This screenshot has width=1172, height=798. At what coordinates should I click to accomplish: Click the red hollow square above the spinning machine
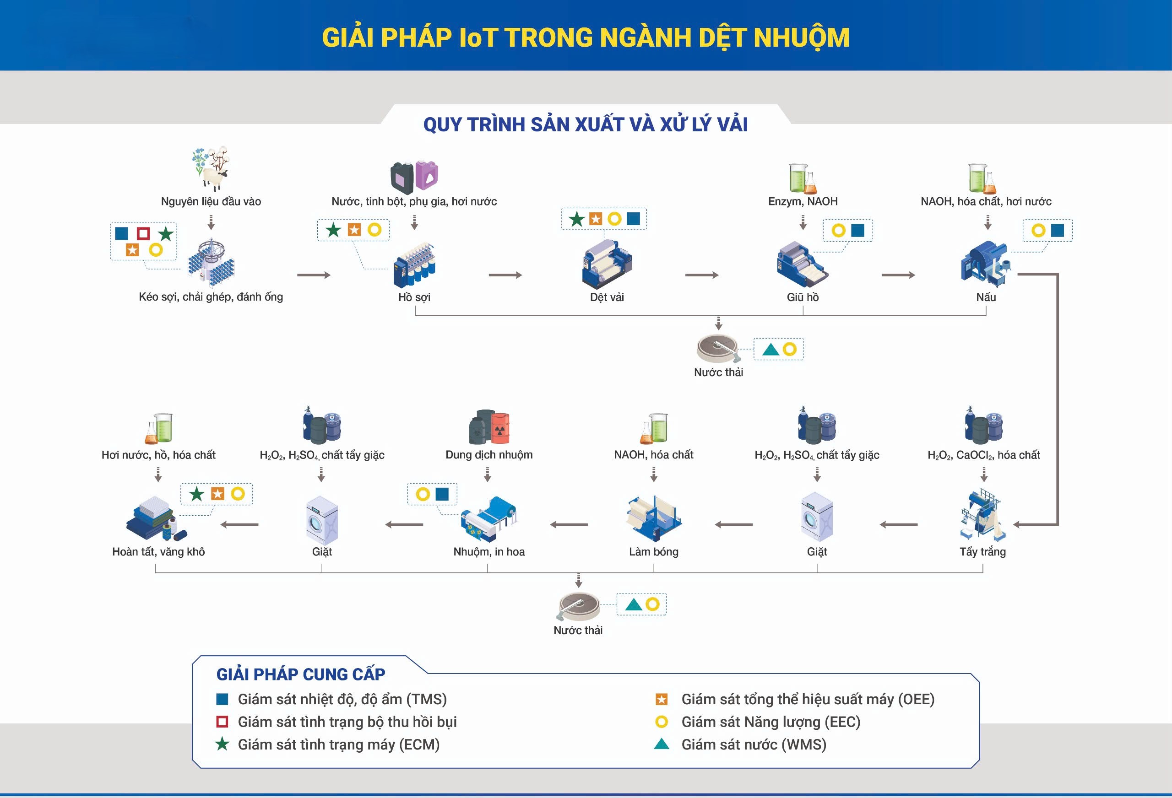(143, 233)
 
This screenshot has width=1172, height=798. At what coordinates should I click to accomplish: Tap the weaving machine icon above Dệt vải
(607, 264)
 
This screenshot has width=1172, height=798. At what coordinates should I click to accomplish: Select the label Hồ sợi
(414, 297)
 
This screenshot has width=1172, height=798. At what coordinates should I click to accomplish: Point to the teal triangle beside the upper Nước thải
(770, 349)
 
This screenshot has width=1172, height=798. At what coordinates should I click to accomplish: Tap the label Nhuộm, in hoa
(488, 552)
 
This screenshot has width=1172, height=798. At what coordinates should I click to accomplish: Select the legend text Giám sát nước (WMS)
(754, 744)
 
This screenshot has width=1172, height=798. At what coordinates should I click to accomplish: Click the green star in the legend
(222, 744)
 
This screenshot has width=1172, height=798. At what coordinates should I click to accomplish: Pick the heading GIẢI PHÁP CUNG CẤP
(301, 674)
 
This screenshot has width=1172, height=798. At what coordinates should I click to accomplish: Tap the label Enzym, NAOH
(803, 202)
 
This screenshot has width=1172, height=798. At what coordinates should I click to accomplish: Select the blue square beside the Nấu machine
(1057, 230)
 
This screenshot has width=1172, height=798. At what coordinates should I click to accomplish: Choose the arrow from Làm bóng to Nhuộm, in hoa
(569, 525)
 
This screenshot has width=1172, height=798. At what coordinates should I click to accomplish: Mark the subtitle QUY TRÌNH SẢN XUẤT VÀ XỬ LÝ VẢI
(586, 124)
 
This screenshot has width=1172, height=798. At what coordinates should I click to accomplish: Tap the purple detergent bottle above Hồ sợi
(427, 175)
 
